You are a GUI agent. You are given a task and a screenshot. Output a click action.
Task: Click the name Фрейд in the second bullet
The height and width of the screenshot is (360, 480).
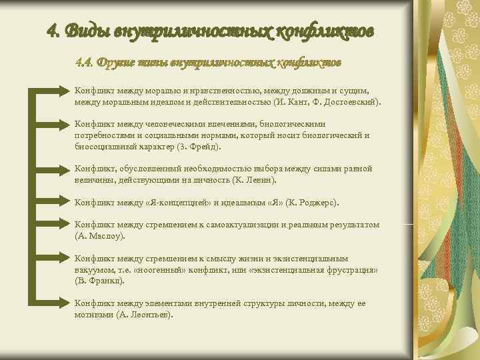(207, 146)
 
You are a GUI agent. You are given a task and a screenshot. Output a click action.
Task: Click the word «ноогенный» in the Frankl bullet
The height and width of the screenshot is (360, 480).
(164, 270)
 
